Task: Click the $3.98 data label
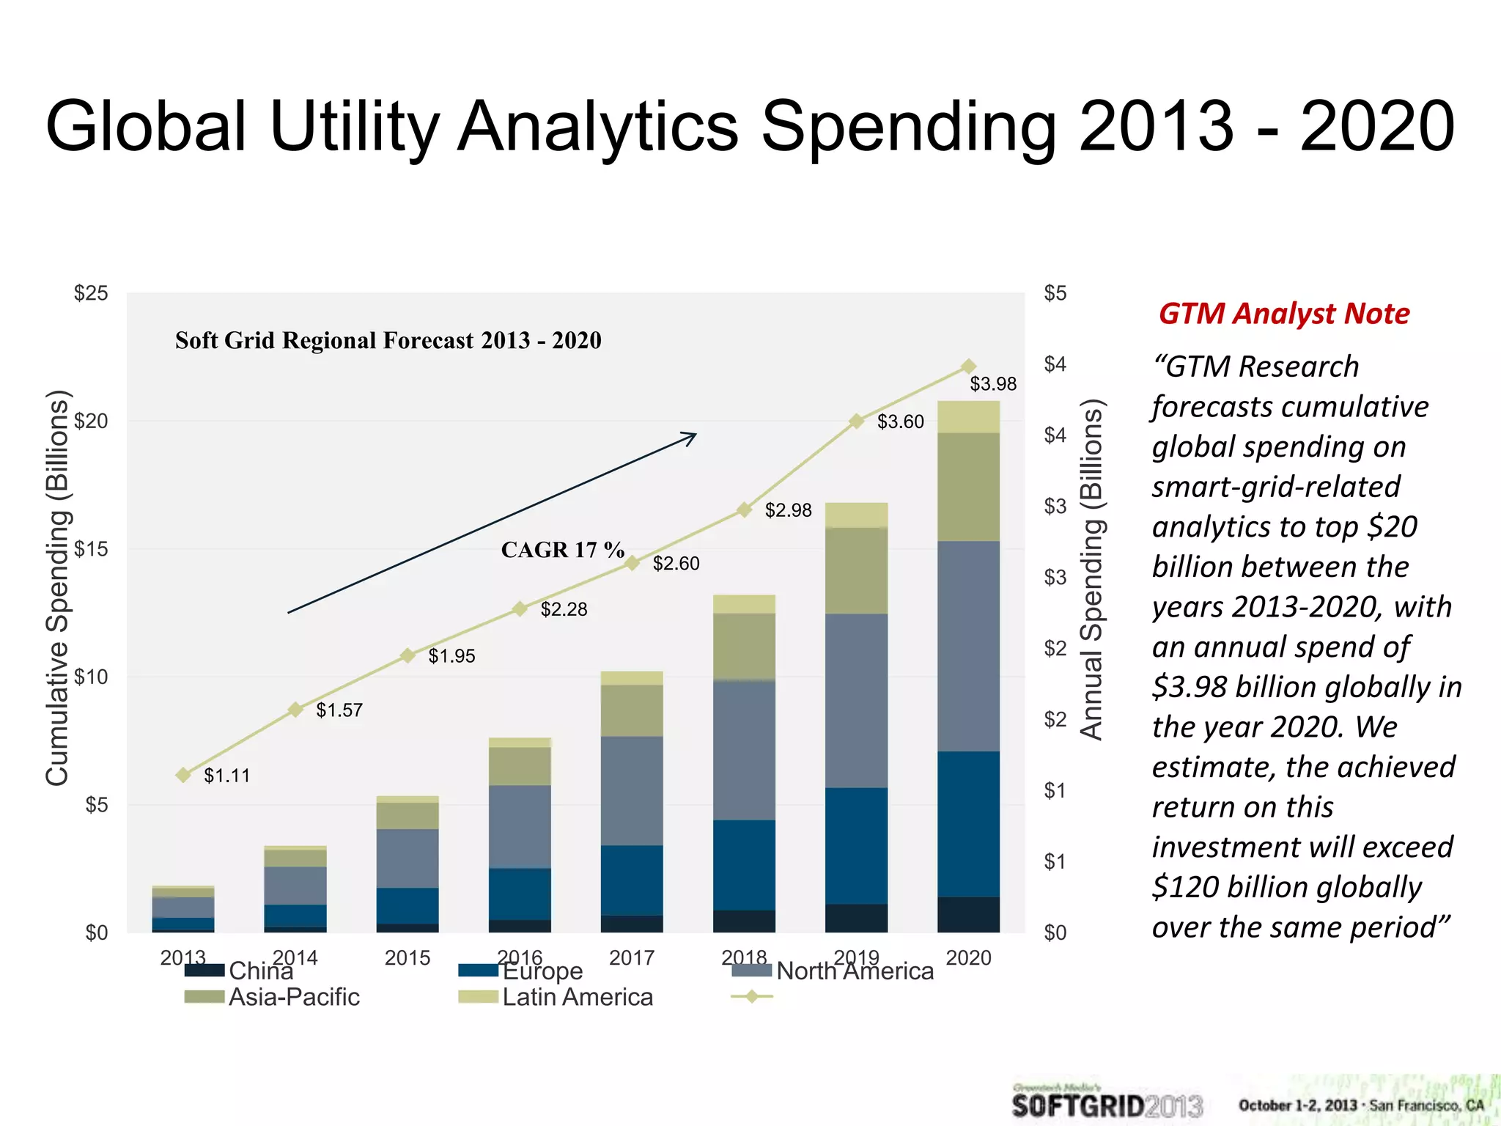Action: click(993, 384)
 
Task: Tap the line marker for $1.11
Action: click(183, 775)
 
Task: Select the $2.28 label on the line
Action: click(564, 609)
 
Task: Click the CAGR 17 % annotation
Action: click(562, 550)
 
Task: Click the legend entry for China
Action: click(260, 971)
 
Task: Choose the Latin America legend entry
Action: click(577, 997)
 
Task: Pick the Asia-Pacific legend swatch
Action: click(204, 997)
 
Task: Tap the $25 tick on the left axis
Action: click(91, 293)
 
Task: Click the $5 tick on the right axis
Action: click(1055, 293)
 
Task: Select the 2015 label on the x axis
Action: click(407, 957)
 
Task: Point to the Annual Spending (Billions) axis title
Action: click(1091, 569)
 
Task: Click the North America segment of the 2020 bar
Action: click(968, 645)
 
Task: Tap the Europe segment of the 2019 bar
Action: click(856, 845)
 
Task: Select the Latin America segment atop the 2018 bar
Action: click(744, 603)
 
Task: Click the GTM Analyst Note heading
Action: click(1283, 313)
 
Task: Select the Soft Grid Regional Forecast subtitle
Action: click(388, 340)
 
